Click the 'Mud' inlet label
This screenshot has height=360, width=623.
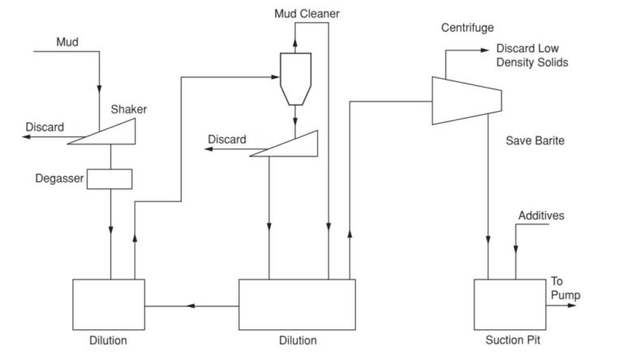[x=67, y=41]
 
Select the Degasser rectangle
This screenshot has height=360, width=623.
[x=109, y=178]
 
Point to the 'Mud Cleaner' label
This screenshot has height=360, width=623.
[x=306, y=14]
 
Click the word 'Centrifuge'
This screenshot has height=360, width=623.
[x=467, y=28]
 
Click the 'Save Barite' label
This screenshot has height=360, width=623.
[x=535, y=140]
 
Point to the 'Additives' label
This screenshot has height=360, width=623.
[x=541, y=216]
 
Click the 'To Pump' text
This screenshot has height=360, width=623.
[x=565, y=288]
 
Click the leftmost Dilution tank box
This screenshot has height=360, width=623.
[x=109, y=303]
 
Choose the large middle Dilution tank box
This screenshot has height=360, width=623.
[x=296, y=303]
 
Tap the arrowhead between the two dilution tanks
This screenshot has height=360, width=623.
[x=191, y=306]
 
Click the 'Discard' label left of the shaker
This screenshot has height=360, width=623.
[x=45, y=127]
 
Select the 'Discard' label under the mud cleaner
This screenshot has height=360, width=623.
[x=226, y=139]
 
